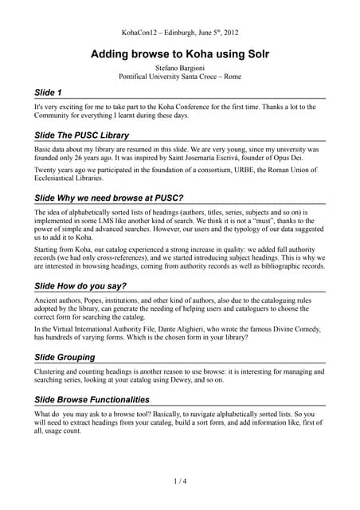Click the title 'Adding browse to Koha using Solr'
pos(179,56)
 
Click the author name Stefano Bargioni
pos(179,70)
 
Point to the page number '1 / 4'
pos(179,481)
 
